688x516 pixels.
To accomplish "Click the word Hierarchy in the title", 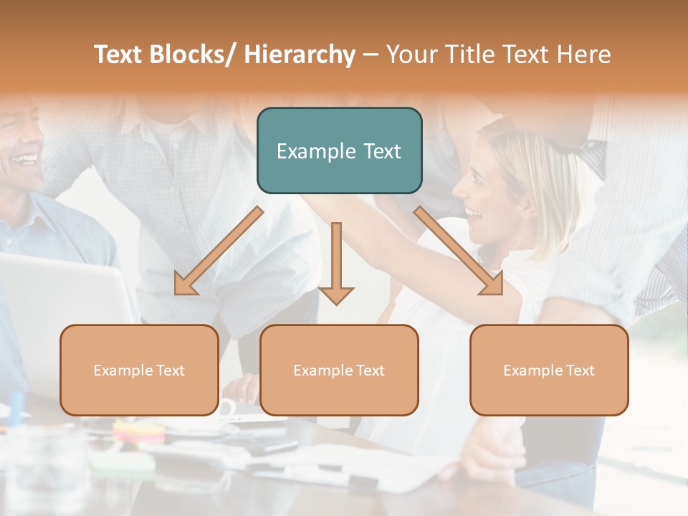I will point(300,54).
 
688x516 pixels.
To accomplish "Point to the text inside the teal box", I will point(339,151).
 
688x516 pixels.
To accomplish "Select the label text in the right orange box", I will point(549,371).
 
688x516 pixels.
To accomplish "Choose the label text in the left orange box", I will point(139,371).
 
